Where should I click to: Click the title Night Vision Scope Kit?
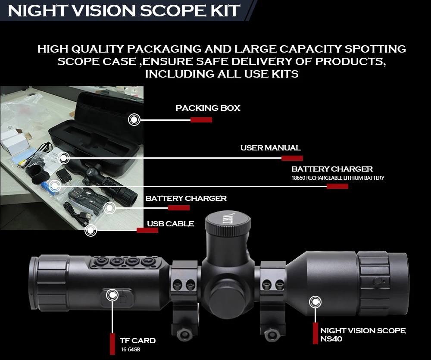pyautogui.click(x=124, y=11)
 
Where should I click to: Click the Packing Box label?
pyautogui.click(x=208, y=108)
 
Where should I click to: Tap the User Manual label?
pyautogui.click(x=270, y=148)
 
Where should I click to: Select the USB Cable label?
pyautogui.click(x=170, y=224)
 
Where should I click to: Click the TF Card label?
pyautogui.click(x=137, y=341)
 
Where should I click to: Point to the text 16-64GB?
pyautogui.click(x=130, y=350)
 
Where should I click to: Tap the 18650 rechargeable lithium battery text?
pyautogui.click(x=337, y=178)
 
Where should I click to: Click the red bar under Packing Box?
pyautogui.click(x=201, y=120)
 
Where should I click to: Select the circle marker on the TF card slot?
pyautogui.click(x=112, y=295)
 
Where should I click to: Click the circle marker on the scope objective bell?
pyautogui.click(x=315, y=301)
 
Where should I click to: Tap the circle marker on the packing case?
pyautogui.click(x=134, y=119)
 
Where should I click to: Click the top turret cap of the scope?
pyautogui.click(x=228, y=224)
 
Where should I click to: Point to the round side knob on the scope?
pyautogui.click(x=228, y=297)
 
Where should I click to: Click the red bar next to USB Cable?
pyautogui.click(x=147, y=230)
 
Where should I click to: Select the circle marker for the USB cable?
pyautogui.click(x=91, y=231)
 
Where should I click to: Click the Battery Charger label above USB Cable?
pyautogui.click(x=186, y=198)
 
